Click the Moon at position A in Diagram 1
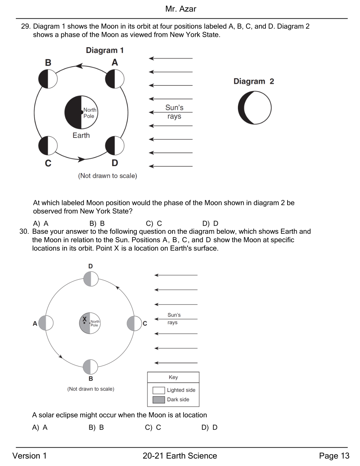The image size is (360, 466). (x=115, y=79)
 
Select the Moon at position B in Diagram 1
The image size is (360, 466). (x=48, y=79)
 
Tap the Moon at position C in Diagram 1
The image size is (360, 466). (x=48, y=145)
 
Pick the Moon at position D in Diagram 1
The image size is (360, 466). (x=115, y=145)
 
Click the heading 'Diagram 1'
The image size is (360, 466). (x=105, y=50)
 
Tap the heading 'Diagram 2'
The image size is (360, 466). (x=254, y=81)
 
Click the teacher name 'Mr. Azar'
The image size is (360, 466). (x=181, y=9)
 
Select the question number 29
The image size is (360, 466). (x=25, y=27)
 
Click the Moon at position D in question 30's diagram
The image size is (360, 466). (x=91, y=279)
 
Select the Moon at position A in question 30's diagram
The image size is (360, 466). (x=46, y=323)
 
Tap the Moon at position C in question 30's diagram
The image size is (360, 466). (x=134, y=323)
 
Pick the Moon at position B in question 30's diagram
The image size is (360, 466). (x=90, y=367)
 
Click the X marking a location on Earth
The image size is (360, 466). (x=85, y=319)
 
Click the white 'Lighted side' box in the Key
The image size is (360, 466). (x=158, y=390)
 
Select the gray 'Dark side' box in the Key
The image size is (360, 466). (x=158, y=400)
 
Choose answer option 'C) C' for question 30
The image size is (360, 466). (x=153, y=427)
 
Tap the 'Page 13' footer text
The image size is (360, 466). (x=334, y=456)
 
